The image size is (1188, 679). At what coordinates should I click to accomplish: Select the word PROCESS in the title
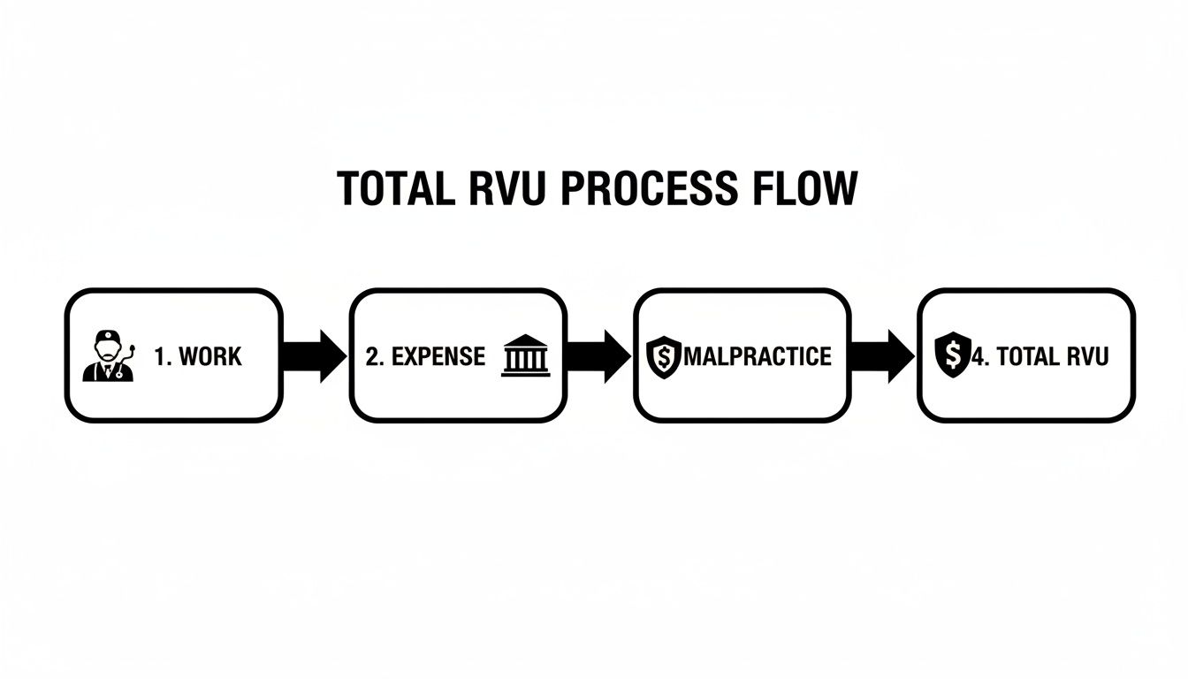click(x=646, y=189)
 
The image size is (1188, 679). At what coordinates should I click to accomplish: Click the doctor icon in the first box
click(x=108, y=355)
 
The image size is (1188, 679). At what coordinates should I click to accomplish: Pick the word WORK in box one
click(x=209, y=356)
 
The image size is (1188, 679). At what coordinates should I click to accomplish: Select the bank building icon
click(x=525, y=356)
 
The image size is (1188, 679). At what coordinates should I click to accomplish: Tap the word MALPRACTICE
click(x=758, y=356)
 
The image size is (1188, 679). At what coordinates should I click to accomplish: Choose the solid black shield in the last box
click(x=952, y=355)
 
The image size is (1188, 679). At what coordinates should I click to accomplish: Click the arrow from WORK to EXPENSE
click(x=314, y=356)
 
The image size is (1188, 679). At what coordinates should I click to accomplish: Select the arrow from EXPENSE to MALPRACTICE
click(x=598, y=356)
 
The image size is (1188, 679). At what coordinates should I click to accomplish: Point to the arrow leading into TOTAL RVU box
click(x=883, y=356)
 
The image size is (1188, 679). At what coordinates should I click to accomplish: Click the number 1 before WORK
click(x=160, y=356)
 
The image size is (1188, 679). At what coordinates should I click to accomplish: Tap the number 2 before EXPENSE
click(x=372, y=356)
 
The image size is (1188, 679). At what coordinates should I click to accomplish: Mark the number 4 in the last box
click(x=977, y=356)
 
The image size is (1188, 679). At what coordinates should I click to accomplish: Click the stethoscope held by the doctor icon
click(x=131, y=348)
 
